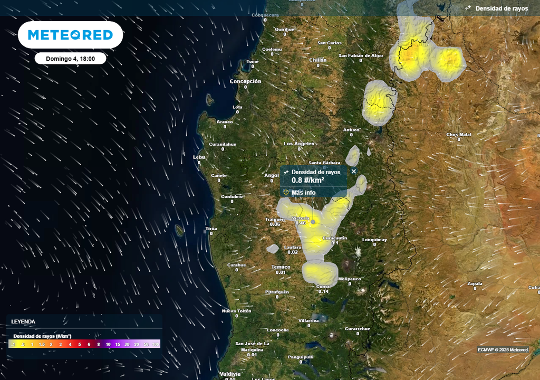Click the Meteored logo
[x=70, y=35]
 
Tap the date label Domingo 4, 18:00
[x=70, y=59]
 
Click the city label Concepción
[x=245, y=81]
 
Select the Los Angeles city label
[x=299, y=144]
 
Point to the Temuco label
[x=281, y=267]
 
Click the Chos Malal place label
[x=459, y=135]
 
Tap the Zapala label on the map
[x=475, y=283]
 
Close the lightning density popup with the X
[x=354, y=171]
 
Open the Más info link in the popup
[x=303, y=193]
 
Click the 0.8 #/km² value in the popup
[x=308, y=180]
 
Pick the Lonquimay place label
[x=374, y=239]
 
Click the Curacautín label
[x=334, y=238]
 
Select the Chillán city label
[x=318, y=60]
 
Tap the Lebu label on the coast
[x=199, y=157]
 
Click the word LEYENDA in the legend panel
[x=23, y=321]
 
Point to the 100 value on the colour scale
[x=156, y=344]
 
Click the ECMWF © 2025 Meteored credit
[x=503, y=349]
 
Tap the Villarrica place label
[x=308, y=320]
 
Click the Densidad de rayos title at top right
[x=502, y=8]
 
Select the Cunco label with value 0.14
[x=323, y=287]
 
